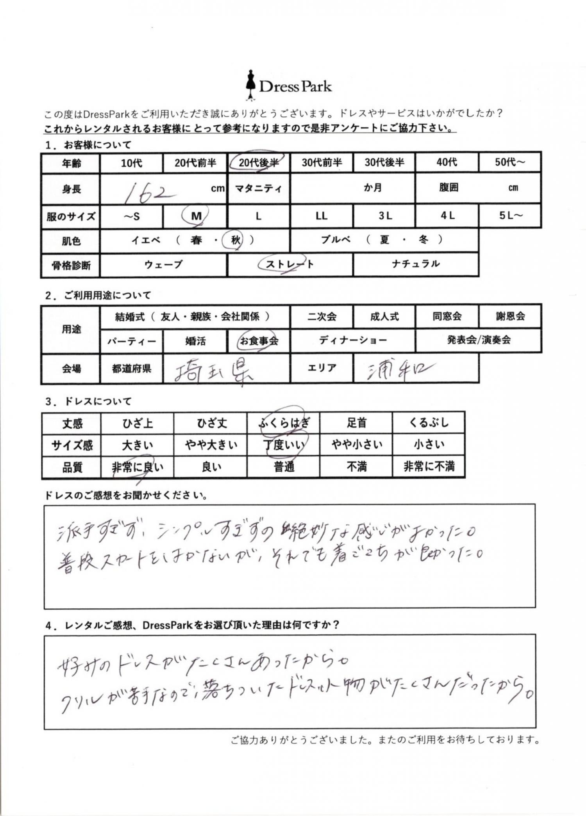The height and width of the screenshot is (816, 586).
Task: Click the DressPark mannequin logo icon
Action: pyautogui.click(x=250, y=85)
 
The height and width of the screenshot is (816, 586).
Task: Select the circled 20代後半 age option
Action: pyautogui.click(x=258, y=162)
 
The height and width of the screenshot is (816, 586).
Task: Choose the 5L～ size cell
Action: pyautogui.click(x=510, y=216)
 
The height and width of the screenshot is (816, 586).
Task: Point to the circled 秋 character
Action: pyautogui.click(x=235, y=240)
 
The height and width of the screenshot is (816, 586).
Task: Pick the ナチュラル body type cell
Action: pyautogui.click(x=416, y=264)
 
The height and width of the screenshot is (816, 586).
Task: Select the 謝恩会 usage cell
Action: pyautogui.click(x=510, y=316)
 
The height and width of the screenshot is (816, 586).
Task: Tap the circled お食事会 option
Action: pyautogui.click(x=259, y=341)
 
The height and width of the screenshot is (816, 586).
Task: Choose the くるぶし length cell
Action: pyautogui.click(x=429, y=423)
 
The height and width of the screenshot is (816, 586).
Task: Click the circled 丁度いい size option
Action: pyautogui.click(x=284, y=445)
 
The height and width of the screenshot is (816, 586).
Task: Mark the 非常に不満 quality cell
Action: pyautogui.click(x=429, y=467)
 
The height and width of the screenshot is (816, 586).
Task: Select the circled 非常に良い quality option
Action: pyautogui.click(x=138, y=467)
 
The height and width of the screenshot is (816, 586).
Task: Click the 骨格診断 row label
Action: pyautogui.click(x=71, y=265)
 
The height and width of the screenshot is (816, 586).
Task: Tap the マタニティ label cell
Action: pyautogui.click(x=258, y=189)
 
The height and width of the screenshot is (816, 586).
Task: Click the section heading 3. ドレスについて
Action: pyautogui.click(x=88, y=401)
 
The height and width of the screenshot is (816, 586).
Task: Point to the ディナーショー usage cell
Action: pyautogui.click(x=353, y=340)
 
